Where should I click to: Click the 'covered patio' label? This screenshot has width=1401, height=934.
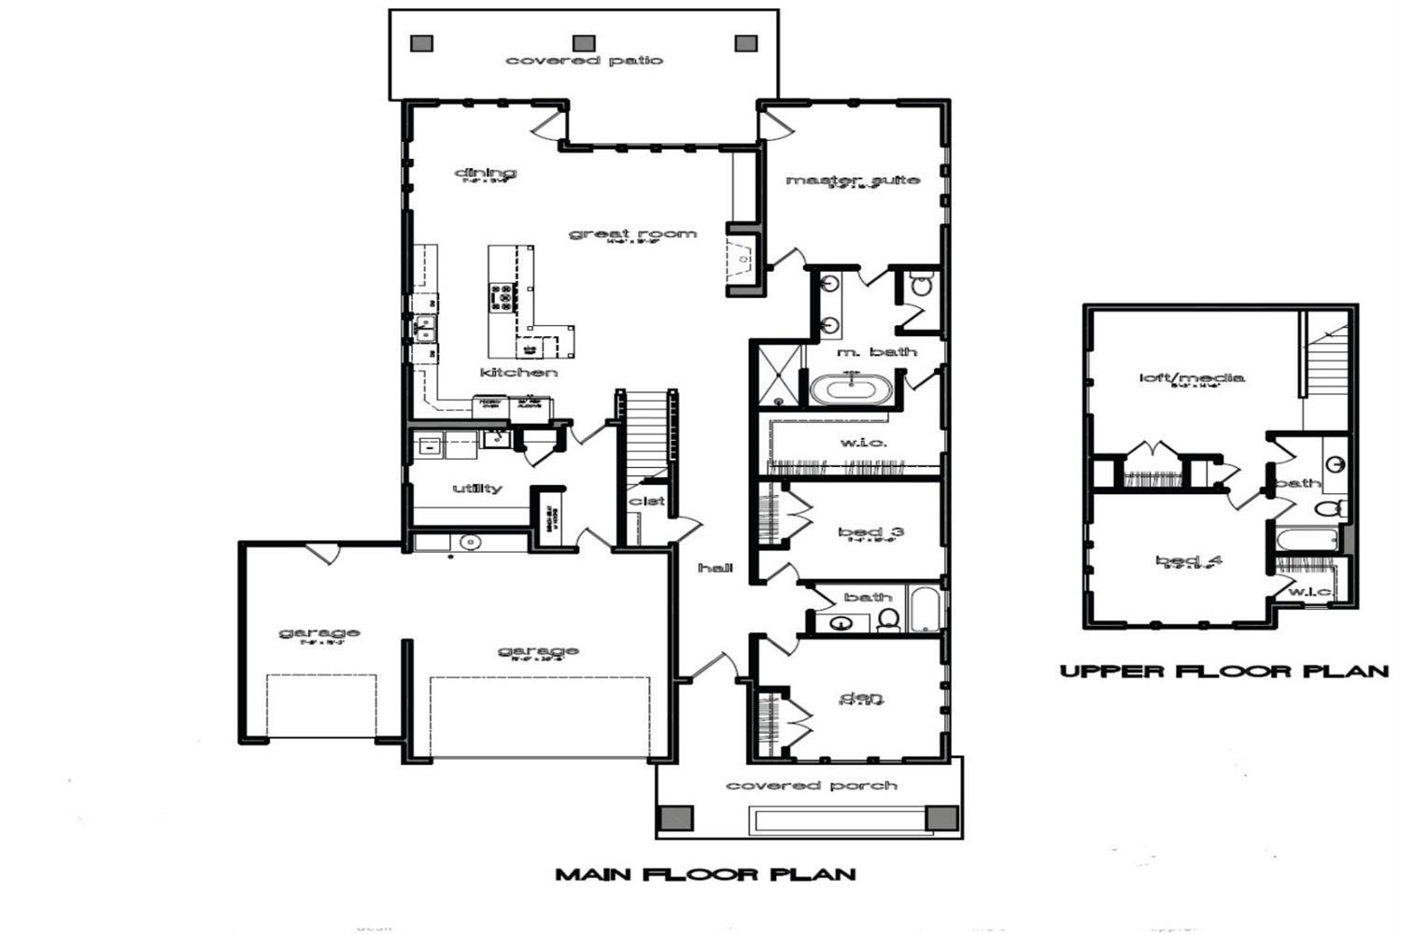(584, 61)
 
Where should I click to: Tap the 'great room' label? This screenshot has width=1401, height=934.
(632, 233)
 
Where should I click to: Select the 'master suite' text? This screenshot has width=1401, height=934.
(852, 179)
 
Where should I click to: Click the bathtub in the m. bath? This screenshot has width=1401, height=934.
(852, 388)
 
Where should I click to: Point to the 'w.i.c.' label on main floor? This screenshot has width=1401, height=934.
(863, 442)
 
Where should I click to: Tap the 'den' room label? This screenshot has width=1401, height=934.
(861, 697)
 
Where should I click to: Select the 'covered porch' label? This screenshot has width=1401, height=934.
(812, 785)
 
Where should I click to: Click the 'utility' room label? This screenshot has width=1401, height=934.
(477, 488)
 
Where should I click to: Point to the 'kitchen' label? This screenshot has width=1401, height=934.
(518, 373)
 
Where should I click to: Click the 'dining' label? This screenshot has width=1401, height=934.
(485, 172)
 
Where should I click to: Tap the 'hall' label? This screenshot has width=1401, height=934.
(715, 567)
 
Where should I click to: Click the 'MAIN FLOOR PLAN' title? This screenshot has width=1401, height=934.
(705, 874)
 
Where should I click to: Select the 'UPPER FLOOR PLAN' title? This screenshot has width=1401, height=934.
(1224, 671)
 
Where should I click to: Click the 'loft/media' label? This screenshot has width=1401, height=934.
(1191, 377)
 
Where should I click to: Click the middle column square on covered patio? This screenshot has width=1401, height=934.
(584, 43)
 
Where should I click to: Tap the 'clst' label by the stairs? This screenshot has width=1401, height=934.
(647, 501)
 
